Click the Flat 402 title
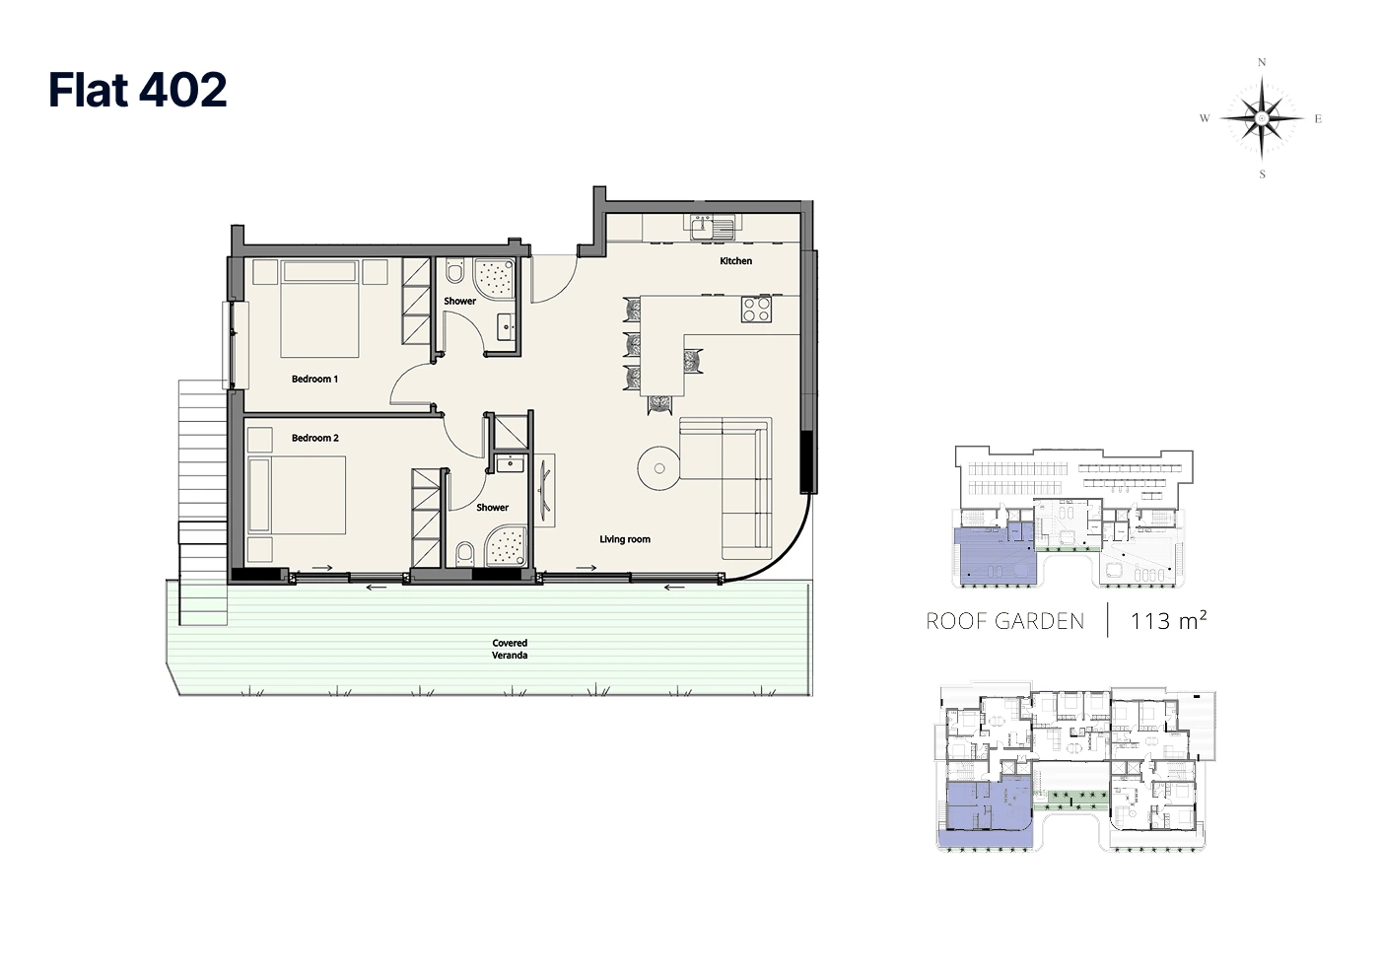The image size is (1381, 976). (x=137, y=90)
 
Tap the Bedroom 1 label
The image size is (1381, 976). (x=314, y=379)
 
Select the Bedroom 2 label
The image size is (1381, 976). (x=315, y=438)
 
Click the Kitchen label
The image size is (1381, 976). (x=735, y=261)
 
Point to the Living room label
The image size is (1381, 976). (x=625, y=539)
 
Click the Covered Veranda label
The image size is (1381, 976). (x=510, y=649)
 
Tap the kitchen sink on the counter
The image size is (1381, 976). (x=710, y=227)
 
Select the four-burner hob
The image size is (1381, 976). (x=756, y=309)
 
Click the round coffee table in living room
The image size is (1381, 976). (x=659, y=468)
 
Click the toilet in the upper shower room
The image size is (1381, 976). (x=455, y=270)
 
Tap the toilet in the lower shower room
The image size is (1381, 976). (x=465, y=554)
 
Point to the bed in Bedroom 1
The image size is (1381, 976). (x=319, y=309)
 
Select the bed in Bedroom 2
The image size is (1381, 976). (x=297, y=495)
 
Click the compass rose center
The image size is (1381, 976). (x=1262, y=118)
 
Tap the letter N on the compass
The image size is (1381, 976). (x=1262, y=62)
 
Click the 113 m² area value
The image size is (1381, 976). (x=1168, y=620)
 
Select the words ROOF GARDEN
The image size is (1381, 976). (x=1004, y=621)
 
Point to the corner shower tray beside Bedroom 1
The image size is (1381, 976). (x=493, y=279)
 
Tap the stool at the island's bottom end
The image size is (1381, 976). (x=660, y=404)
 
